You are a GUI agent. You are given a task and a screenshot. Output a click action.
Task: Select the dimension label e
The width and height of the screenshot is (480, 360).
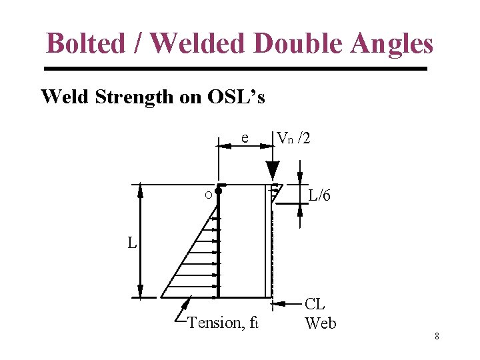245,138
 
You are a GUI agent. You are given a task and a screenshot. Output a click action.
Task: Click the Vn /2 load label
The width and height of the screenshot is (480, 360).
293,138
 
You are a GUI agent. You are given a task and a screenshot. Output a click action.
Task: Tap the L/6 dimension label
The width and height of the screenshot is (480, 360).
319,196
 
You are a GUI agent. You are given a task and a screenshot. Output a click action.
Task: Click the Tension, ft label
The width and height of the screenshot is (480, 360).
223,323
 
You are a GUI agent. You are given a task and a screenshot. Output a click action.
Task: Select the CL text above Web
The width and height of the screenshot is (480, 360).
315,305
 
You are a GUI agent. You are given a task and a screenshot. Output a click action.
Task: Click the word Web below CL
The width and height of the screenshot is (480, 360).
321,324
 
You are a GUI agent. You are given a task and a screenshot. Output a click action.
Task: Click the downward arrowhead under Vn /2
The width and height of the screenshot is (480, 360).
272,165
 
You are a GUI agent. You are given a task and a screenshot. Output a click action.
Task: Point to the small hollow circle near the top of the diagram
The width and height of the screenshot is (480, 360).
209,195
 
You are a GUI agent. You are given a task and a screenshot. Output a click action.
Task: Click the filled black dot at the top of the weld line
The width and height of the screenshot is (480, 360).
219,191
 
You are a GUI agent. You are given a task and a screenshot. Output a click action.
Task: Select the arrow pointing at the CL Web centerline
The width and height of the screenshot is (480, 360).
287,304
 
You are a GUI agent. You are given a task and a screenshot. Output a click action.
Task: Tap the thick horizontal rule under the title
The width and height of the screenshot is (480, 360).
235,69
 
